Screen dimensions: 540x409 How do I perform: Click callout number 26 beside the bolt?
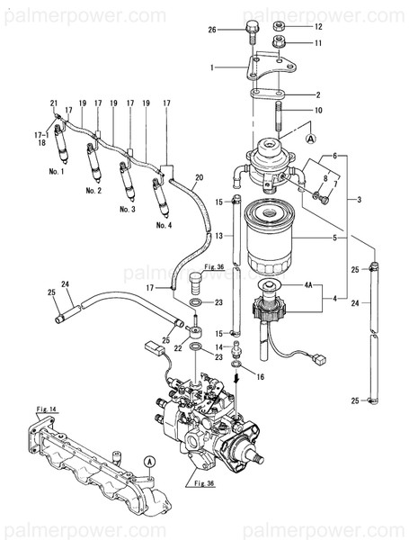[x=213, y=30]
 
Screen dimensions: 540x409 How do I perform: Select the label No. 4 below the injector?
[x=163, y=225]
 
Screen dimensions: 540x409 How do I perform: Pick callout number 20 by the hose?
[x=200, y=176]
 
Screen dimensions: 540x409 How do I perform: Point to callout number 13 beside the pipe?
[x=218, y=235]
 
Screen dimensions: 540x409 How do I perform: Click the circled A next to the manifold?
[x=149, y=460]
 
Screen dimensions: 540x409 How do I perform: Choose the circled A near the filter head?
[x=311, y=139]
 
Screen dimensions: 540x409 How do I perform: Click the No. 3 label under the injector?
[x=128, y=208]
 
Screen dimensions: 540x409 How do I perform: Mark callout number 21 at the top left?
[x=54, y=103]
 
